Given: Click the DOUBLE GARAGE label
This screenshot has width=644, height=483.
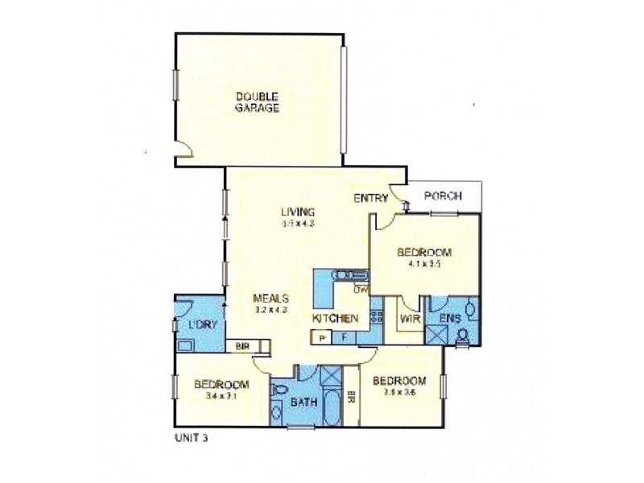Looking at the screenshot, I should click(258, 103).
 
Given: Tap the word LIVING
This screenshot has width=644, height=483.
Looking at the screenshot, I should click(297, 212).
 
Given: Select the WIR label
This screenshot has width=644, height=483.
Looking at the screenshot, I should click(408, 320).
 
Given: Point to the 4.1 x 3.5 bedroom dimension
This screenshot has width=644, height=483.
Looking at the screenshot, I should click(423, 262).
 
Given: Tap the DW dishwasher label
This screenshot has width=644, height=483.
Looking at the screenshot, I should click(360, 291).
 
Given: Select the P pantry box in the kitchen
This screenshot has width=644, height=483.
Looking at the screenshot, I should click(321, 338).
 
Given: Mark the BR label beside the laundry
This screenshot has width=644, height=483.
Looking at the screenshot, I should click(242, 347).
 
